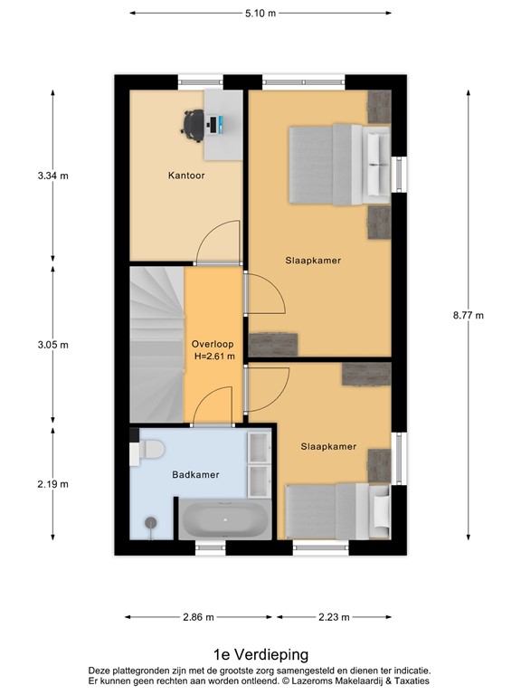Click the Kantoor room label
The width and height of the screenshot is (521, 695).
point(186,176)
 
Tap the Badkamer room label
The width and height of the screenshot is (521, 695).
point(196,474)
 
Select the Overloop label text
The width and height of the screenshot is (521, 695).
point(213,344)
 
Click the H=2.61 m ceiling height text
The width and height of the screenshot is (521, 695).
point(213,357)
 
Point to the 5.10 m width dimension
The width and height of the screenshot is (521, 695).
point(260,13)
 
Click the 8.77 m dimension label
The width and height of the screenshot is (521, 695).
point(468,315)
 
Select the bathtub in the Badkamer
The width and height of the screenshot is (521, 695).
point(224,520)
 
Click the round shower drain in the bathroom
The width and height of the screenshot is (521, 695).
point(150,522)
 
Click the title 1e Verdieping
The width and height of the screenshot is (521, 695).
point(260,654)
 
